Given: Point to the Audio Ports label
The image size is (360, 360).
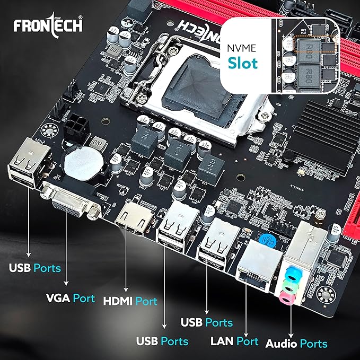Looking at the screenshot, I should (x=296, y=344).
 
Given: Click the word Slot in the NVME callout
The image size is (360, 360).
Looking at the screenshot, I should (x=243, y=63).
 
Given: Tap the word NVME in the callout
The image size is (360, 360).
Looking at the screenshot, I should (x=243, y=46).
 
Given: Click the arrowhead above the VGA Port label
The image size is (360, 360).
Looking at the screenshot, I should (x=65, y=284).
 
